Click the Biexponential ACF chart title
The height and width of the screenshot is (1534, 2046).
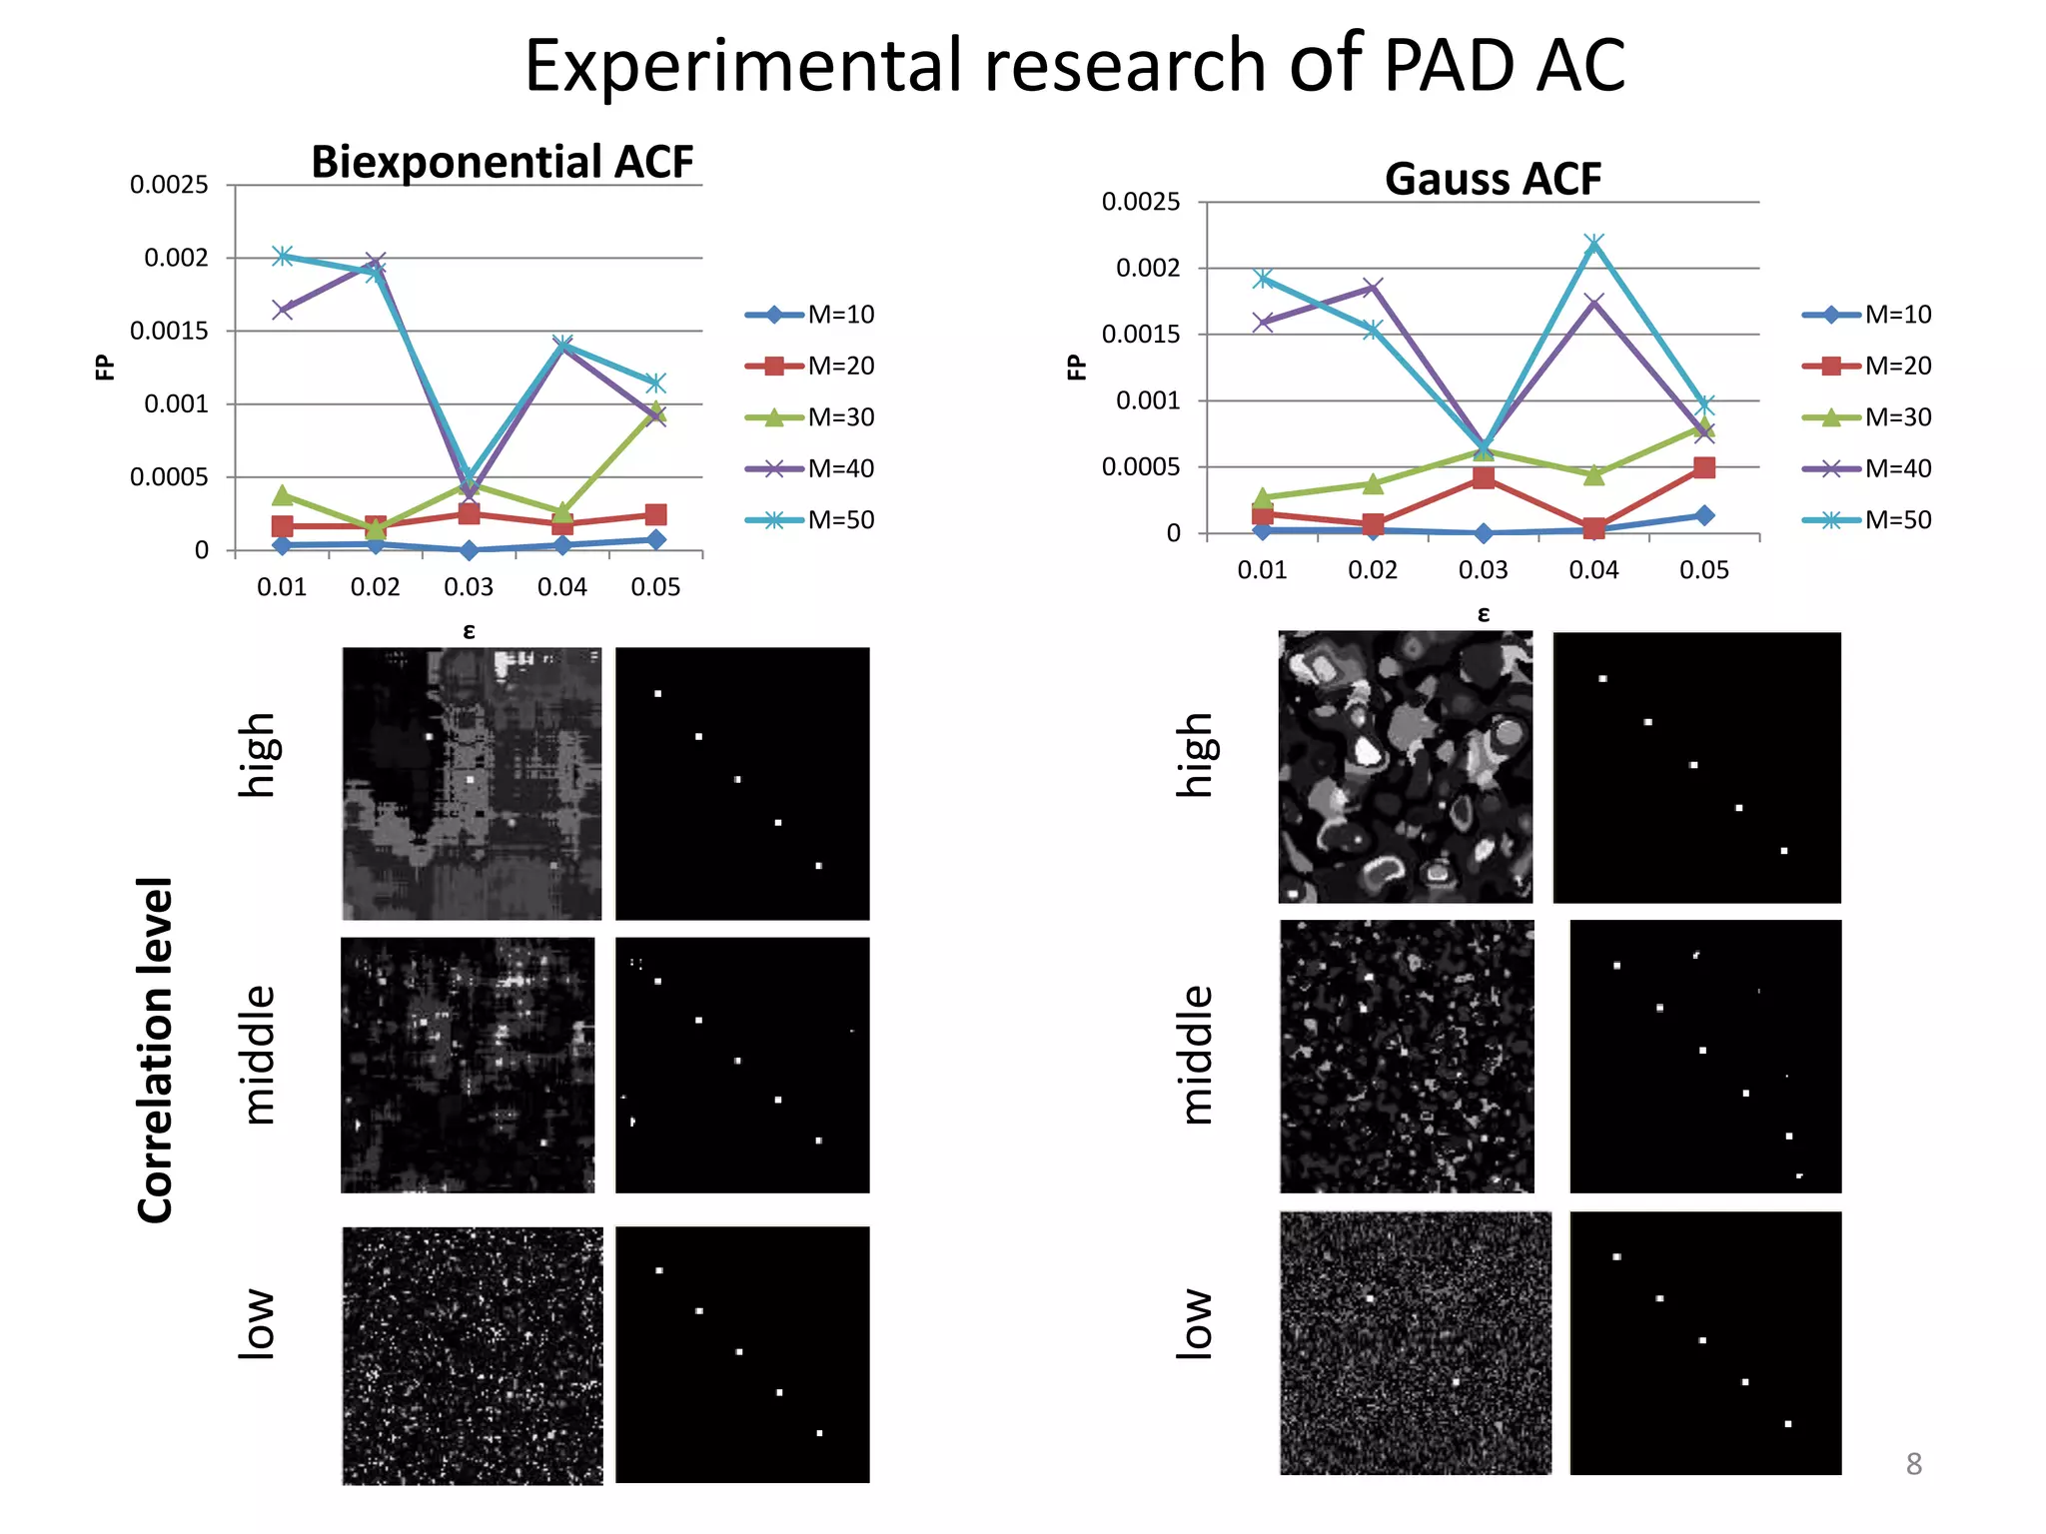pyautogui.click(x=502, y=162)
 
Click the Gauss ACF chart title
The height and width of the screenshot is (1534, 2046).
pyautogui.click(x=1493, y=179)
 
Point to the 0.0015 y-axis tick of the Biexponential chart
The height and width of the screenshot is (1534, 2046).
pyautogui.click(x=169, y=331)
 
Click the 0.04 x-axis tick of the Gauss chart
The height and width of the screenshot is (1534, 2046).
pyautogui.click(x=1593, y=570)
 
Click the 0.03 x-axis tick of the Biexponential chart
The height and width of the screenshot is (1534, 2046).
pyautogui.click(x=469, y=587)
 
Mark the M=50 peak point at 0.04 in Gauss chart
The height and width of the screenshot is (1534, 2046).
pyautogui.click(x=1594, y=243)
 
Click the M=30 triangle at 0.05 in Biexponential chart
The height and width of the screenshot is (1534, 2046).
pyautogui.click(x=655, y=411)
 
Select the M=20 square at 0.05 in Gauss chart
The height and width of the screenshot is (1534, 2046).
pyautogui.click(x=1704, y=467)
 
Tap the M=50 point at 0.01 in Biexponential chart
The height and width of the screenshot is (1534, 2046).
pyautogui.click(x=283, y=256)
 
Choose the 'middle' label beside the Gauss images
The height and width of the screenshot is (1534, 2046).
pyautogui.click(x=1196, y=1055)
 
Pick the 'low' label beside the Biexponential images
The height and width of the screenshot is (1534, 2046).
pyautogui.click(x=256, y=1324)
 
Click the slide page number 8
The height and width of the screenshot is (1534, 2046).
pyautogui.click(x=1913, y=1464)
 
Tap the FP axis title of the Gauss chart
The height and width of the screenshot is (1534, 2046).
pyautogui.click(x=1077, y=368)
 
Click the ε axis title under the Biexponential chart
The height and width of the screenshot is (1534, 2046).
pyautogui.click(x=469, y=631)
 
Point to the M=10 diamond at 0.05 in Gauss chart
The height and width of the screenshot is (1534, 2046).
pyautogui.click(x=1704, y=515)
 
